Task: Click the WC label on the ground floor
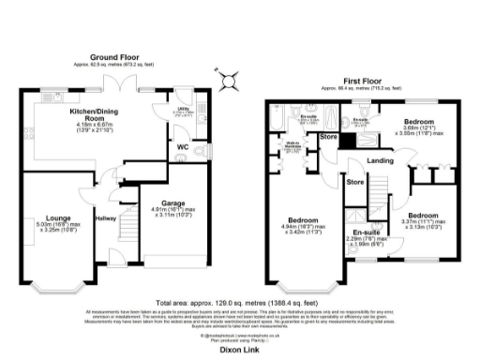[183, 146]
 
